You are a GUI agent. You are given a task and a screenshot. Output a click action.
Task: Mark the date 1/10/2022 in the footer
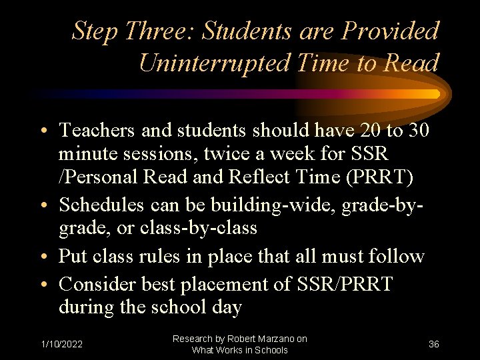61,344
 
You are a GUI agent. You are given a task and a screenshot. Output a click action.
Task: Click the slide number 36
433,344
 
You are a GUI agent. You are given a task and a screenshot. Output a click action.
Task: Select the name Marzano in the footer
274,339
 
